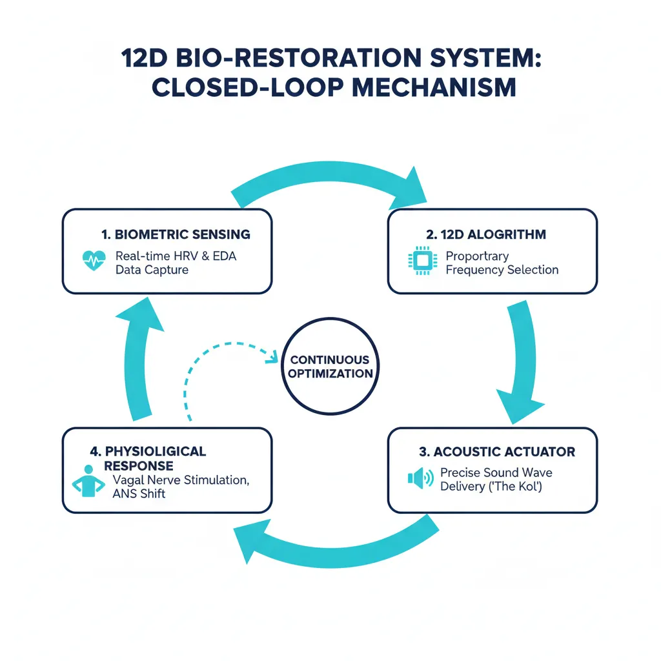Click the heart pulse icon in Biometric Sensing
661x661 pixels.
95,262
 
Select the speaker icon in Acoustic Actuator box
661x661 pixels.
420,478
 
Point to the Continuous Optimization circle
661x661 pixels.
330,367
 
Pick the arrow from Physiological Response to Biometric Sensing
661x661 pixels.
138,361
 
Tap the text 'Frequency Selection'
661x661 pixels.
502,270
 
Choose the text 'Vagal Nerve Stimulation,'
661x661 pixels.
181,480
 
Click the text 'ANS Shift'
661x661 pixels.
139,494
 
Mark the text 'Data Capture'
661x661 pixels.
152,270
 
